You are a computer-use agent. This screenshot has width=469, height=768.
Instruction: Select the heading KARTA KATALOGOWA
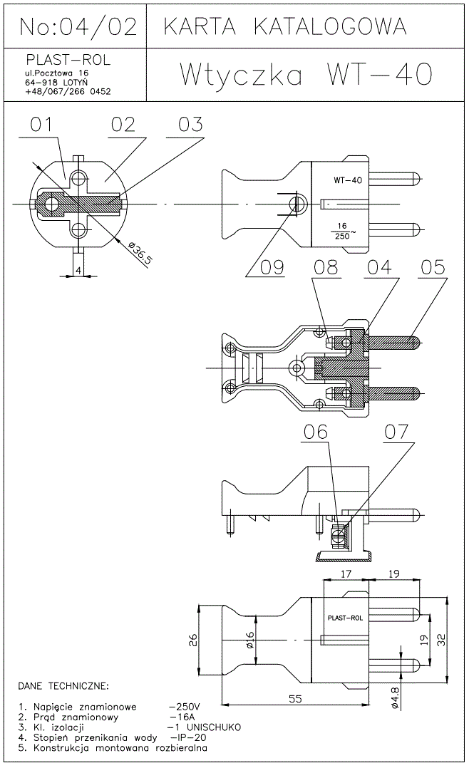click(x=285, y=26)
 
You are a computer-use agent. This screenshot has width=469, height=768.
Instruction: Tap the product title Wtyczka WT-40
click(x=306, y=74)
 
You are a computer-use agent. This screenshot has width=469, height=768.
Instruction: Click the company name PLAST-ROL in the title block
click(x=68, y=59)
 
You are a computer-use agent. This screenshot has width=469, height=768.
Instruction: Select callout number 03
click(x=190, y=125)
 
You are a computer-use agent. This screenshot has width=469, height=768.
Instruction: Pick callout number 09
click(x=272, y=267)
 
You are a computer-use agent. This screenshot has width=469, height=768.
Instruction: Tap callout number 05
click(x=433, y=267)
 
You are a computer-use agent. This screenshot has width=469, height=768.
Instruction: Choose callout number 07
click(x=397, y=432)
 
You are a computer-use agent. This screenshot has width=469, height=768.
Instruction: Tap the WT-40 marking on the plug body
click(x=347, y=180)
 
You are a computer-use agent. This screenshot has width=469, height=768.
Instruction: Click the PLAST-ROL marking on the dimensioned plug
click(x=344, y=618)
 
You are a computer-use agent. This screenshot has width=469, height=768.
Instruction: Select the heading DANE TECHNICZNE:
click(x=63, y=686)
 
